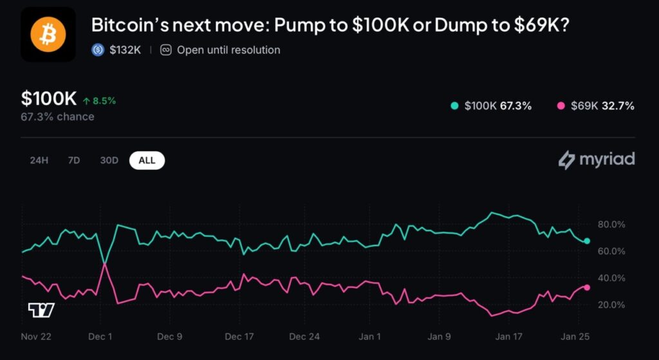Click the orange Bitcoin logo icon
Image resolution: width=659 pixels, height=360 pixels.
[x=48, y=35]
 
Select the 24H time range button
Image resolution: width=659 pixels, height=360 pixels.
[x=39, y=160]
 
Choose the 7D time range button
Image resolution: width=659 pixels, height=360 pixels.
[x=74, y=160]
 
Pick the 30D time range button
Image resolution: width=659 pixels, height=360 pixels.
[x=109, y=160]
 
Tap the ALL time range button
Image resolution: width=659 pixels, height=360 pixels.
[x=147, y=160]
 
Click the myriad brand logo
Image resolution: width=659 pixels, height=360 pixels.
[x=596, y=159]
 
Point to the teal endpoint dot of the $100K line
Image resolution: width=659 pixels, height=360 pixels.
[x=586, y=241]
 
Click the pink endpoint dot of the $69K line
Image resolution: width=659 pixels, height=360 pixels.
[x=586, y=287]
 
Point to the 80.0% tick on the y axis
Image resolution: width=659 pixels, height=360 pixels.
[x=611, y=224]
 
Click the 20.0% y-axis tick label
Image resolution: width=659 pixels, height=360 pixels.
[x=611, y=305]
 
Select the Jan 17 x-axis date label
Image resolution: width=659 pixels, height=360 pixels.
[x=508, y=336]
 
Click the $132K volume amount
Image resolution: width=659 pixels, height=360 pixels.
[x=125, y=50]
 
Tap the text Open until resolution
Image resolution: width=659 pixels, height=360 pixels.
[x=228, y=50]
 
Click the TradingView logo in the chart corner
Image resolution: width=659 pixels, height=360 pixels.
[x=41, y=310]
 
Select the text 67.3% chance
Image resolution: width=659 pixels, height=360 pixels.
[x=57, y=117]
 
